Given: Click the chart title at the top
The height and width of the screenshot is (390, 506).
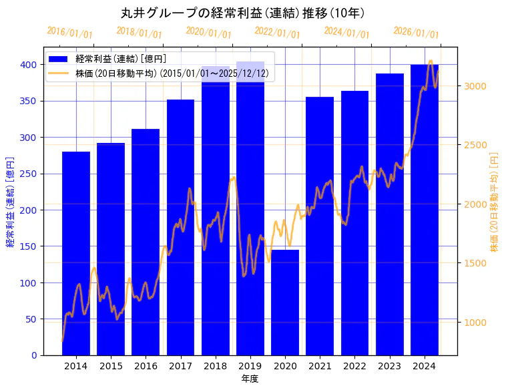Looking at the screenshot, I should [242, 13].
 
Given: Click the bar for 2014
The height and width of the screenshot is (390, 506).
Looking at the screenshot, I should [76, 253].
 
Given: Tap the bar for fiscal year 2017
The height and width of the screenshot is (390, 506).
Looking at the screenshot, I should [180, 227].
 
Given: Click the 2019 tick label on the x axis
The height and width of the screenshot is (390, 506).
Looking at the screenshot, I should [250, 366].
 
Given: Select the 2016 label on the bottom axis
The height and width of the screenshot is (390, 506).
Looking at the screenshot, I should [146, 366].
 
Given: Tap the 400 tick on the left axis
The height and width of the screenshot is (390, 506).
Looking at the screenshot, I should [28, 65].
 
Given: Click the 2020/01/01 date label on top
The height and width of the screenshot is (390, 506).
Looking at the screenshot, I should [209, 32].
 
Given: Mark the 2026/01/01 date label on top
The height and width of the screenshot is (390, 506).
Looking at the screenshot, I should [417, 32].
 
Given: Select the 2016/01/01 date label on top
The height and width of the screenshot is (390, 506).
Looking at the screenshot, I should [70, 32].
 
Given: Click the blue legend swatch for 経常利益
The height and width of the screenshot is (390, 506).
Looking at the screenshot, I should [59, 59].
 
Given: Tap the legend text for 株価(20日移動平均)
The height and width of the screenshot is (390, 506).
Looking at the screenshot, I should [172, 73].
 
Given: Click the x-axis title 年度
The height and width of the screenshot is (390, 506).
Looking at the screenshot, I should [250, 379].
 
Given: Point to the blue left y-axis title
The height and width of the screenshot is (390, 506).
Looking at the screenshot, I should [10, 201].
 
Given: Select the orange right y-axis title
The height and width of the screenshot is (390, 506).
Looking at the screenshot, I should [495, 201].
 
